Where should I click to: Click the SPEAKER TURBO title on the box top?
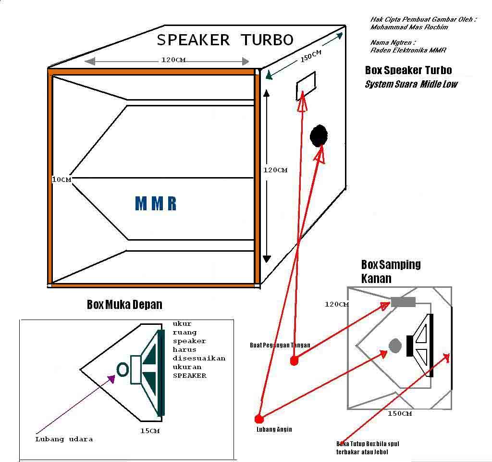[x=225, y=40]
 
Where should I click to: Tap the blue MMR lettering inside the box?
[x=156, y=204]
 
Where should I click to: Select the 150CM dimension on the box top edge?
[x=311, y=56]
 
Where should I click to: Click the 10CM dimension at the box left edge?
[x=61, y=180]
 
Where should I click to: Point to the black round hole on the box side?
[x=318, y=136]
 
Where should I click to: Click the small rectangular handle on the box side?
[x=306, y=86]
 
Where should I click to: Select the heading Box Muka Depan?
[x=124, y=305]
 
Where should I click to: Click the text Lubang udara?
[x=64, y=439]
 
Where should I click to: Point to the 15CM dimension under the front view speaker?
[x=150, y=431]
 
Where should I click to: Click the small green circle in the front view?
[x=123, y=370]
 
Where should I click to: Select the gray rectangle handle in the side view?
[x=403, y=302]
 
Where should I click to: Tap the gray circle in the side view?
[x=394, y=345]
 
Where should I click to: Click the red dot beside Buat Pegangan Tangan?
[x=294, y=361]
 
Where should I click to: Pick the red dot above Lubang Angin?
[x=259, y=419]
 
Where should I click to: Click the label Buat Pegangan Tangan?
[x=280, y=345]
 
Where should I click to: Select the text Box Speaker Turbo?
[x=408, y=70]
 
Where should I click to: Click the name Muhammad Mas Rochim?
[x=409, y=27]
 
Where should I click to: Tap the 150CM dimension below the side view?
[x=400, y=413]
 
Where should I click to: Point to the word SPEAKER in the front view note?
[x=190, y=375]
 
